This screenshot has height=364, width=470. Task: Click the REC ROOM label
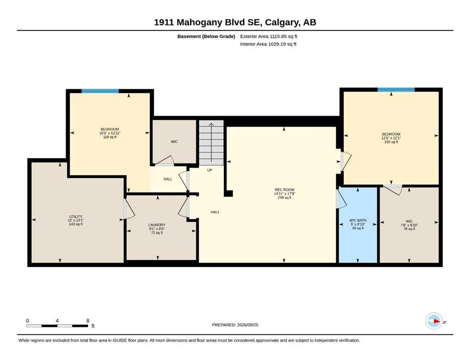click(x=284, y=190)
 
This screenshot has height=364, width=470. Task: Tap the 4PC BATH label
click(x=358, y=220)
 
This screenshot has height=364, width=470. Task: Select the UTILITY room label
click(x=76, y=216)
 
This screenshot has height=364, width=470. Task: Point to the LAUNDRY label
click(x=157, y=225)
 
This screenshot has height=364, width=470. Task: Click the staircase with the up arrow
click(x=211, y=143)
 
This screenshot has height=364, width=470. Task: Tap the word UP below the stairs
click(x=210, y=170)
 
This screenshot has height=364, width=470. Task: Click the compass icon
click(x=434, y=321)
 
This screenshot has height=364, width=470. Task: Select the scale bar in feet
click(x=57, y=326)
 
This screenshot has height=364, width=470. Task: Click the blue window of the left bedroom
click(x=100, y=91)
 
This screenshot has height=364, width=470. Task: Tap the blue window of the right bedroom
click(x=396, y=90)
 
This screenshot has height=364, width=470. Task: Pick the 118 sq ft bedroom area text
click(x=110, y=137)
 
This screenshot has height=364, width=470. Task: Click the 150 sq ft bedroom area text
click(x=391, y=142)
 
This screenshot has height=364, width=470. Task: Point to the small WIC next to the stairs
click(x=174, y=142)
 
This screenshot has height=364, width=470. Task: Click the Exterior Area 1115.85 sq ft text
click(x=268, y=36)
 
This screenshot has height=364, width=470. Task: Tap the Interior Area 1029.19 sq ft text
click(x=268, y=44)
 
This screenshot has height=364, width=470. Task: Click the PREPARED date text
click(x=235, y=325)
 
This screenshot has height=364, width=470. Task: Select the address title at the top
click(x=235, y=22)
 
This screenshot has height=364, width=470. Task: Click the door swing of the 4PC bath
click(x=341, y=199)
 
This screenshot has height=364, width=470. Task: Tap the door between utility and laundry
click(x=129, y=209)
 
